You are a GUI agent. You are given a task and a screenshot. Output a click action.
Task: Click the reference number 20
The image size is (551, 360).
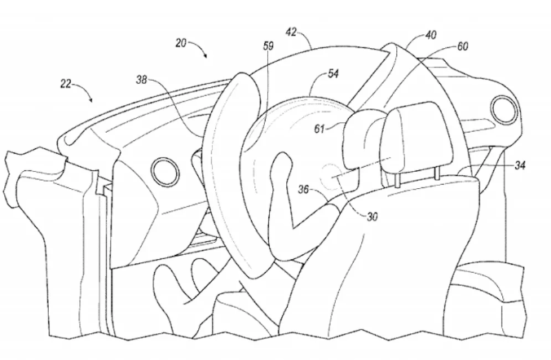pyautogui.click(x=181, y=43)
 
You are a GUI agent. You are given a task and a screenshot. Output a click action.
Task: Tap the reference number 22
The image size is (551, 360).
pyautogui.click(x=66, y=84)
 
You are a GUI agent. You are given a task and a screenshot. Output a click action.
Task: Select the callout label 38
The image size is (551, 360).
pyautogui.click(x=142, y=80)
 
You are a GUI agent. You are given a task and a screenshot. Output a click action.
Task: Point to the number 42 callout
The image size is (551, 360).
pyautogui.click(x=291, y=33)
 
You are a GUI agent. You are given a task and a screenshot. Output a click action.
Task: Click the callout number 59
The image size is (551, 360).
pyautogui.click(x=268, y=46)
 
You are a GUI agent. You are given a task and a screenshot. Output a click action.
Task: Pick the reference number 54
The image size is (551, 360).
pyautogui.click(x=333, y=74)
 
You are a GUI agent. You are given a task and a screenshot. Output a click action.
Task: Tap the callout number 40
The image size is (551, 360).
pyautogui.click(x=431, y=35)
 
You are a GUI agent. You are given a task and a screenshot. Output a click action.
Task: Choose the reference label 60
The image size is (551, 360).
pyautogui.click(x=462, y=46)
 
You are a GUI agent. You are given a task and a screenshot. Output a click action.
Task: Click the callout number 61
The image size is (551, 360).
pyautogui.click(x=319, y=129)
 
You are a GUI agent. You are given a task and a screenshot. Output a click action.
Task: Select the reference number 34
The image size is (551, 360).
pyautogui.click(x=520, y=165)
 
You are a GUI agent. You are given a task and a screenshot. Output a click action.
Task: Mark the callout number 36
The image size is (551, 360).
pyautogui.click(x=303, y=190)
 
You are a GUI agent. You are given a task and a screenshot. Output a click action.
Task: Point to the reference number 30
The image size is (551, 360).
pyautogui.click(x=372, y=217)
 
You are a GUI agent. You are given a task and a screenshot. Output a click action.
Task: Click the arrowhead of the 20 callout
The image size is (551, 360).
pyautogui.click(x=205, y=55)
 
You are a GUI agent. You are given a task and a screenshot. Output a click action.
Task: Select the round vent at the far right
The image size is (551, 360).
pyautogui.click(x=504, y=108)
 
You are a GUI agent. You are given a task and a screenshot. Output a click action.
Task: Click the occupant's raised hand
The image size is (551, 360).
pyautogui.click(x=280, y=167)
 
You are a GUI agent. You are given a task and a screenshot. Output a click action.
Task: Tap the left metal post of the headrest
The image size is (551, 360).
pyautogui.click(x=397, y=180)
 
